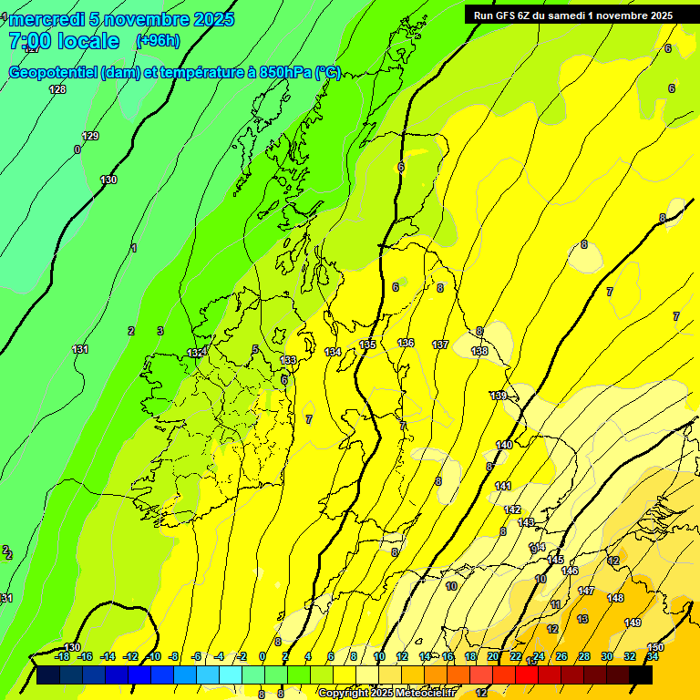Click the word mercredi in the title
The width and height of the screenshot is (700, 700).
click(x=46, y=19)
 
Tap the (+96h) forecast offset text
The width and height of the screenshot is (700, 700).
click(x=157, y=41)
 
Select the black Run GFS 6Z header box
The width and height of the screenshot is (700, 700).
click(x=569, y=15)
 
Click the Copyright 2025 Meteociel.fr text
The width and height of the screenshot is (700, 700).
click(x=386, y=694)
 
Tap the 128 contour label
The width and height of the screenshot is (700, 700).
click(x=57, y=89)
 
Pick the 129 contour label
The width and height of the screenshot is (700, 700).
click(x=90, y=136)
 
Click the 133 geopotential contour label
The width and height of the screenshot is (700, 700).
click(x=289, y=360)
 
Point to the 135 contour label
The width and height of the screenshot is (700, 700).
click(x=367, y=345)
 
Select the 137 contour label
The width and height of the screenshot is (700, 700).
click(x=440, y=345)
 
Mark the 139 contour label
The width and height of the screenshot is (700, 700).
click(x=498, y=396)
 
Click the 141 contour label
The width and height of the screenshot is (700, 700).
click(x=503, y=486)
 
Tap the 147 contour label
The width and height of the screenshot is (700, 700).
click(x=586, y=591)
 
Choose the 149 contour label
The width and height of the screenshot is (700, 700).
click(x=633, y=623)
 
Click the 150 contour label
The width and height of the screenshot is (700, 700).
click(x=655, y=647)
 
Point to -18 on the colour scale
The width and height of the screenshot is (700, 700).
click(x=62, y=656)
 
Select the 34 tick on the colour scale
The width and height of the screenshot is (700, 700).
click(x=653, y=656)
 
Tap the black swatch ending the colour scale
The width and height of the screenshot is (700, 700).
click(x=641, y=674)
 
